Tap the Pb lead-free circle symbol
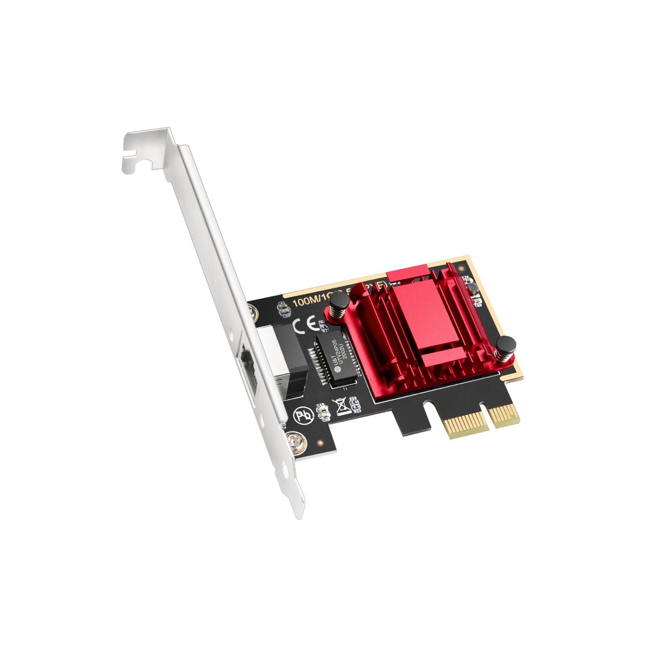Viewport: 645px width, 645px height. pos(304,416)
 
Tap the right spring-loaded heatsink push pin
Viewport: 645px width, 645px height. pos(506,346)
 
